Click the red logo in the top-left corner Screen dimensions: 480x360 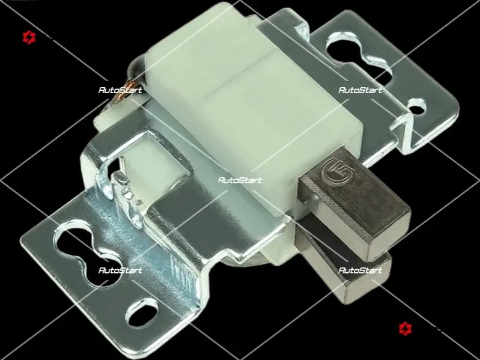click(x=29, y=37)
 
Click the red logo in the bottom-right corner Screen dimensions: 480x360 click(x=405, y=329)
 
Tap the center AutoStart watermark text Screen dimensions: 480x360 click(x=240, y=180)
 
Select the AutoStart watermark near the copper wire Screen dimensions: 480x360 click(x=120, y=90)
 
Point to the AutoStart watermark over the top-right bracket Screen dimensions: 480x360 click(x=360, y=90)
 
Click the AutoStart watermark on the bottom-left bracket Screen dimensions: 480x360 click(x=120, y=270)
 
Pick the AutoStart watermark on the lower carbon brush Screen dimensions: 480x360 click(x=360, y=270)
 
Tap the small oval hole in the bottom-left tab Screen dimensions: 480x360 click(x=142, y=313)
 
